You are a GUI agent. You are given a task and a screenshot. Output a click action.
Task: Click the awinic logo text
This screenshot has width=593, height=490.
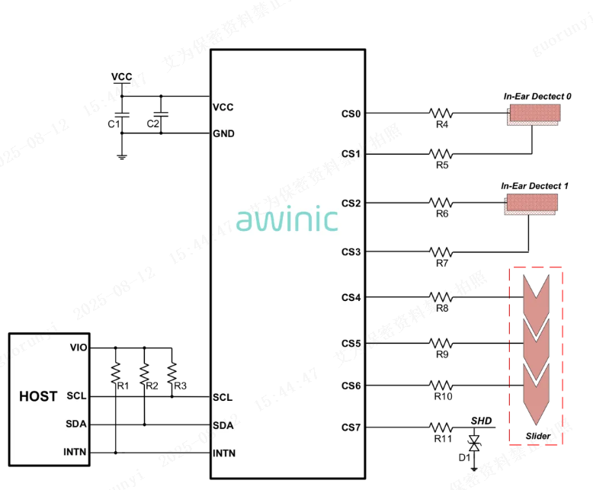pyautogui.click(x=287, y=219)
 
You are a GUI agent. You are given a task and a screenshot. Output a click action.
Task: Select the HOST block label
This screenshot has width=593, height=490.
pyautogui.click(x=38, y=396)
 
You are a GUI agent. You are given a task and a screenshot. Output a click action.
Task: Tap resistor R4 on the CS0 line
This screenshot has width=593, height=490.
pyautogui.click(x=441, y=114)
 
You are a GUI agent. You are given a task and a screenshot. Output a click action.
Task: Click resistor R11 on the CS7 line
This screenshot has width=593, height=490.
pyautogui.click(x=441, y=428)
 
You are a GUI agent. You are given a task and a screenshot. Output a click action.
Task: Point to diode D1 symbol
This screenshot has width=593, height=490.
pyautogui.click(x=473, y=444)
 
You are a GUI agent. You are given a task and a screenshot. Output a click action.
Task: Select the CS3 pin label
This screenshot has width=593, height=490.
pyautogui.click(x=351, y=252)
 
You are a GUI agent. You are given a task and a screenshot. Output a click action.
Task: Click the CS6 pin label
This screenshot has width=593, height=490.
pyautogui.click(x=351, y=386)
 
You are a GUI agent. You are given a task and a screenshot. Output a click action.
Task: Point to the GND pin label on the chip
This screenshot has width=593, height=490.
pyautogui.click(x=224, y=134)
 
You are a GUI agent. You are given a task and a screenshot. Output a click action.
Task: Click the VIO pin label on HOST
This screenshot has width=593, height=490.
pyautogui.click(x=78, y=347)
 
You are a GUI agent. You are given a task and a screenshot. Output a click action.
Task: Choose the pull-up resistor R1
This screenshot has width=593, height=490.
pyautogui.click(x=116, y=373)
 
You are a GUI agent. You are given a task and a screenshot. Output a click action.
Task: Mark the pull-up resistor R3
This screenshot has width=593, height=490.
pyautogui.click(x=171, y=373)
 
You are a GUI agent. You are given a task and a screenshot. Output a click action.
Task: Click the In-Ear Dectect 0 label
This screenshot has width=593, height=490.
pyautogui.click(x=537, y=96)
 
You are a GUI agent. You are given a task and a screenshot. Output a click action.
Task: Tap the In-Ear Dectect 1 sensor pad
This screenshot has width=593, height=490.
pyautogui.click(x=531, y=203)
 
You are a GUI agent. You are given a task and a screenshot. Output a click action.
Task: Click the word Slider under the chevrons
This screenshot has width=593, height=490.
pyautogui.click(x=538, y=437)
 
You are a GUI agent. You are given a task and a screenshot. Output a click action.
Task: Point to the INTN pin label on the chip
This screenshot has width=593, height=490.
pyautogui.click(x=225, y=453)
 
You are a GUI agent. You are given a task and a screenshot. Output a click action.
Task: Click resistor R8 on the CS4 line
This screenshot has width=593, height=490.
pyautogui.click(x=441, y=296)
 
